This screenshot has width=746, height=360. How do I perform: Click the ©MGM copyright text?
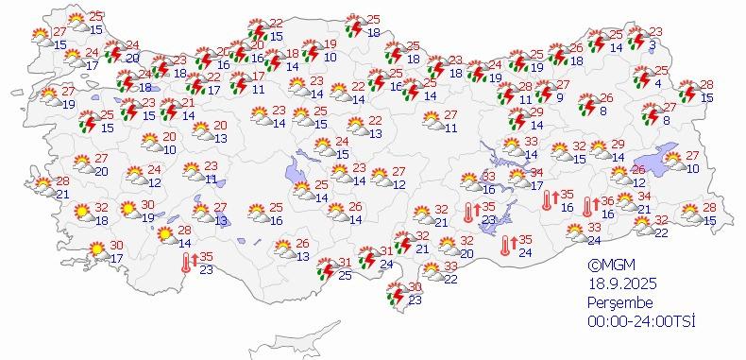point(607,266)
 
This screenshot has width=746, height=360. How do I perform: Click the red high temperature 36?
point(608,200)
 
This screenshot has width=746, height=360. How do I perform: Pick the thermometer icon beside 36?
point(587,206)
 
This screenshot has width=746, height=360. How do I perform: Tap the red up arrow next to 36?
point(596,200)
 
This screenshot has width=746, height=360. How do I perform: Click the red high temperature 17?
point(259,77)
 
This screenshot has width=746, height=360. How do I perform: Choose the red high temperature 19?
point(331,44)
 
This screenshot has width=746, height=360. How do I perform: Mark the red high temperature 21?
point(189,103)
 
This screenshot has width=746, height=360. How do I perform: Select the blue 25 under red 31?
point(346,275)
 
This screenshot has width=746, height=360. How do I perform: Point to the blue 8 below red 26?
point(602,111)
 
